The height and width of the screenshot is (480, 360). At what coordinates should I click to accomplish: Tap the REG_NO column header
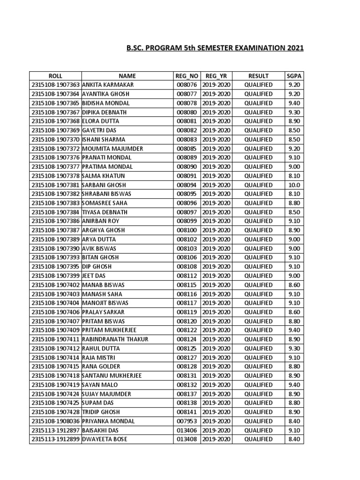click(x=187, y=76)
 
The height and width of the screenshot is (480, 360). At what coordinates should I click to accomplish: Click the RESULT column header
click(x=258, y=76)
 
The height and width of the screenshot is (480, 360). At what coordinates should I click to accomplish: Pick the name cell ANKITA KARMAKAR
click(x=108, y=85)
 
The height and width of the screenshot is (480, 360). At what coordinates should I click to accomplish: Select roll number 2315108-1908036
click(x=55, y=421)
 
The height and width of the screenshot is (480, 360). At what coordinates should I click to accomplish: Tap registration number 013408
click(x=187, y=439)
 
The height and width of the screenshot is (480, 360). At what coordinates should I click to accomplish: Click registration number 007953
click(x=187, y=421)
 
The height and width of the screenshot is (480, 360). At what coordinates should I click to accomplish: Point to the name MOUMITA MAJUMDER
click(x=112, y=149)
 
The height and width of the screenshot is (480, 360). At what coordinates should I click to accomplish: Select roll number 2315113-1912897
click(x=55, y=430)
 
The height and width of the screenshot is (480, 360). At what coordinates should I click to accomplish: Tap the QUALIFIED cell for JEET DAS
click(x=258, y=276)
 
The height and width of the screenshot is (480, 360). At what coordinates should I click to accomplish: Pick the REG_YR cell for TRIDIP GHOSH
click(x=216, y=412)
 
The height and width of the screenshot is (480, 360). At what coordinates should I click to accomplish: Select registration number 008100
click(x=187, y=230)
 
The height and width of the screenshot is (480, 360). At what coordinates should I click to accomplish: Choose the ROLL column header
click(x=55, y=76)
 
